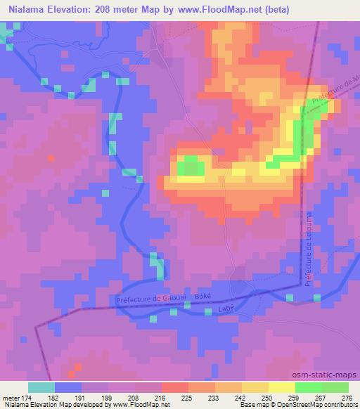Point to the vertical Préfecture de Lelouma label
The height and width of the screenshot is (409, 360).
[308, 247]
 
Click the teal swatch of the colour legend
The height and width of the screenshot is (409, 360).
[41, 388]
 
